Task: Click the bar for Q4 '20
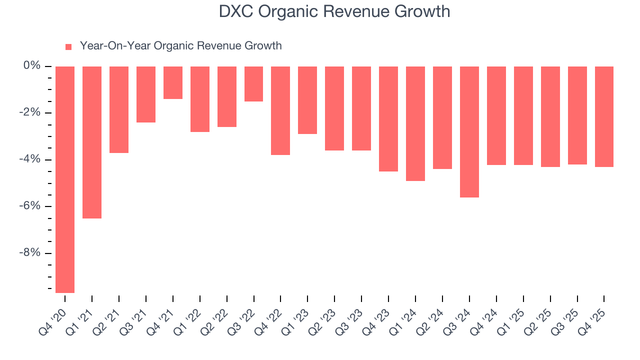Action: pyautogui.click(x=65, y=179)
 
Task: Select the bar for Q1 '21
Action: pyautogui.click(x=92, y=142)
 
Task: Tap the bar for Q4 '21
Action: pyautogui.click(x=173, y=83)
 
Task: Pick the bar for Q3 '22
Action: pyautogui.click(x=253, y=84)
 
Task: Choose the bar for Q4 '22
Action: pyautogui.click(x=280, y=110)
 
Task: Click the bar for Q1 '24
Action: pyautogui.click(x=415, y=123)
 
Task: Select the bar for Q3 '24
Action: pyautogui.click(x=469, y=132)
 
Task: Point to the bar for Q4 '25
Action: pyautogui.click(x=604, y=116)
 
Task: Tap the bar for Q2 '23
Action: pyautogui.click(x=334, y=108)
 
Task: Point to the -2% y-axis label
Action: pyautogui.click(x=30, y=112)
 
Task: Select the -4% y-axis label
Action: pyautogui.click(x=30, y=159)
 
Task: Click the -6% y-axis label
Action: pyautogui.click(x=30, y=206)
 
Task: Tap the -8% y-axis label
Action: pyautogui.click(x=30, y=252)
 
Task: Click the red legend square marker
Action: pyautogui.click(x=68, y=46)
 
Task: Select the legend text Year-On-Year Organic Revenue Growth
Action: pyautogui.click(x=180, y=46)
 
